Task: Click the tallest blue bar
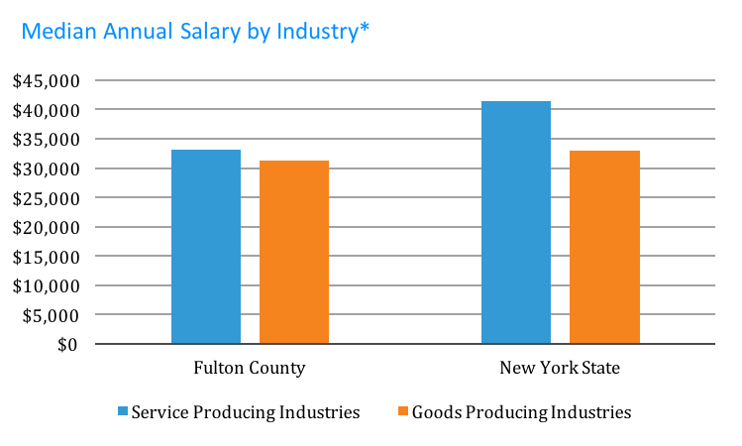(x=515, y=223)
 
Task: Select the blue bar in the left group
(x=205, y=247)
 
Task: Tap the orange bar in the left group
(x=293, y=253)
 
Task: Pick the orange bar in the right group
(x=604, y=248)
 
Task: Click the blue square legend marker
(x=123, y=410)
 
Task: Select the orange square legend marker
(x=402, y=410)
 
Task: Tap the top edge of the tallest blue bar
(x=515, y=102)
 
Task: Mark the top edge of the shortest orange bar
(x=293, y=162)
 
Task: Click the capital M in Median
(x=31, y=32)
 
